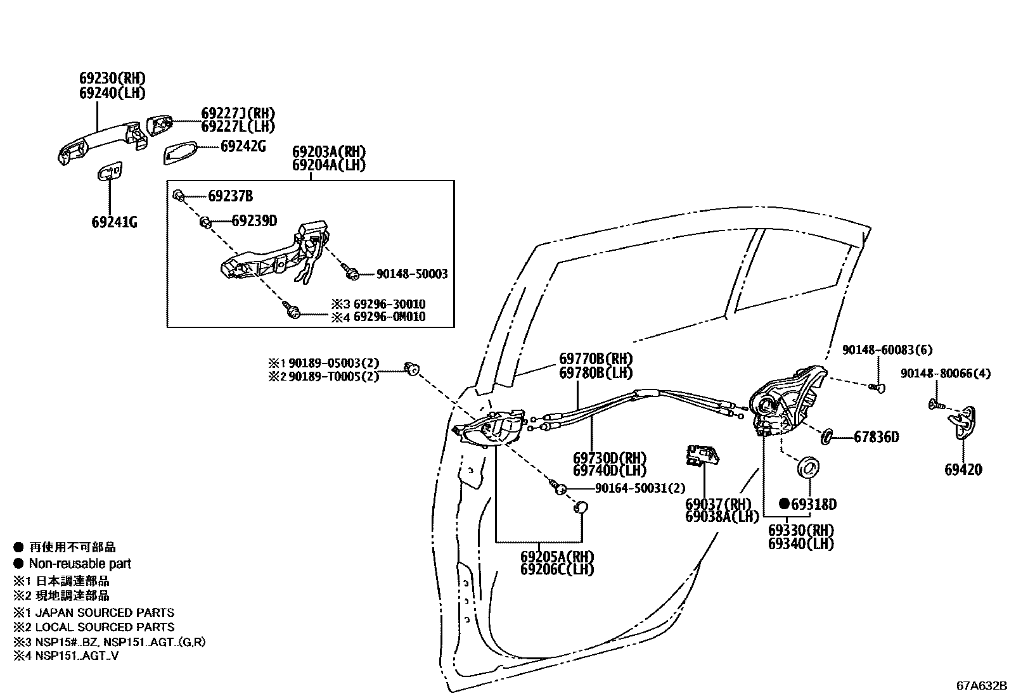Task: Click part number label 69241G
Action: (114, 222)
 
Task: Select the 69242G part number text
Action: (243, 146)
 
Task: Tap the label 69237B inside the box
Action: (230, 196)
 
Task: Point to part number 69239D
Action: (254, 221)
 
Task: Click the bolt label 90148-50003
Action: (412, 274)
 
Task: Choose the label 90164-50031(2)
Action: (640, 488)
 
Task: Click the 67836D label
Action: (876, 437)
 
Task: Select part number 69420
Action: (963, 470)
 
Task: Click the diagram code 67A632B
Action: (981, 687)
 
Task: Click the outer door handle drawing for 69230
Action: (101, 142)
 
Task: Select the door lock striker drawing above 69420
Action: (962, 423)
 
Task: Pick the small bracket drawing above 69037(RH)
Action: (702, 455)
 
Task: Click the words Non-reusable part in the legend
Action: (80, 564)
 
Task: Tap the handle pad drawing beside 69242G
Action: (181, 152)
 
